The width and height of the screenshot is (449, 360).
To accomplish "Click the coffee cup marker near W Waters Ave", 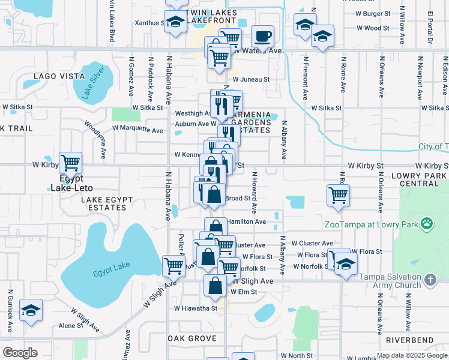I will click(x=262, y=36).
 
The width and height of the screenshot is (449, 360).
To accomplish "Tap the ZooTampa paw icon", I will click(x=426, y=224).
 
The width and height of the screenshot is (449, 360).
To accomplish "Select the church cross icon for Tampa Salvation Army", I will click(x=430, y=280).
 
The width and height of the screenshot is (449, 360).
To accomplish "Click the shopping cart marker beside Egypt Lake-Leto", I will click(x=70, y=162).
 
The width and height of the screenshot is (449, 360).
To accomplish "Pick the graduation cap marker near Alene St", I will click(x=31, y=310).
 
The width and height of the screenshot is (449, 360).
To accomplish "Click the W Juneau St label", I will click(x=251, y=79).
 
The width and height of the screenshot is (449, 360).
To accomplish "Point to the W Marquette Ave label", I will click(x=137, y=130).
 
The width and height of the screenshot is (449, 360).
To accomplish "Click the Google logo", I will click(x=20, y=353).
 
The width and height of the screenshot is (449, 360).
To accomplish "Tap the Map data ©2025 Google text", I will click(x=412, y=355).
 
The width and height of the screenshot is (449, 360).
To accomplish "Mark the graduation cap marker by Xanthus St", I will click(x=175, y=22).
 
